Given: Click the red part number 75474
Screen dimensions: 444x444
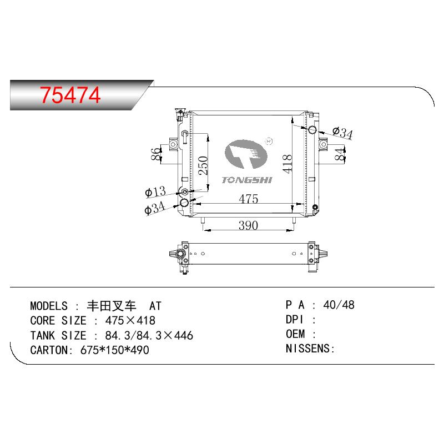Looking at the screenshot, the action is pos(70,95).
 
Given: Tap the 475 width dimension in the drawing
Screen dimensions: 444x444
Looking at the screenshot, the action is pos(248,199).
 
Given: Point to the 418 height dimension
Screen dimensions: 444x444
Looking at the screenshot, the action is pos(287,164).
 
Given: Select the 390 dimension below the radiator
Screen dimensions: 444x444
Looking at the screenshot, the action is pos(248,225).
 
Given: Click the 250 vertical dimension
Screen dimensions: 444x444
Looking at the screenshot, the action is pos(203,165).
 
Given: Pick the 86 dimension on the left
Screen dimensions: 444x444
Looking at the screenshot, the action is pos(156,154).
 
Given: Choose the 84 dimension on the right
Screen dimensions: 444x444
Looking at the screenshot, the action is pos(340,154).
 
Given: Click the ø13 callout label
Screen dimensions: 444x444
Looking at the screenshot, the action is pos(155,191).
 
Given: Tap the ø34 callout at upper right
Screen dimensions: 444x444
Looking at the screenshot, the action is pos(342,133).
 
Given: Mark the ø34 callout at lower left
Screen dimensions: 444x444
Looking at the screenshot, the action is pos(155,208).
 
